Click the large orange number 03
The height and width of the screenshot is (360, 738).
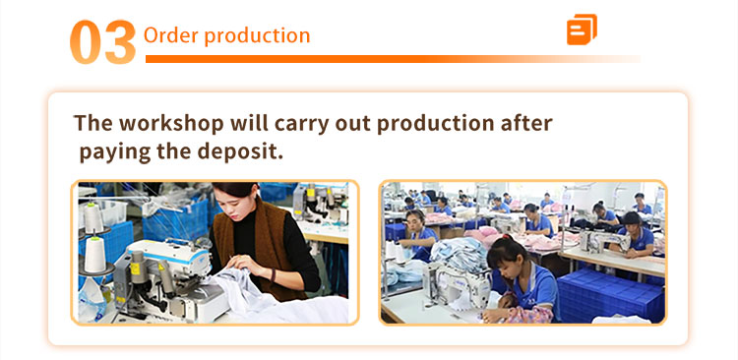pyautogui.click(x=103, y=42)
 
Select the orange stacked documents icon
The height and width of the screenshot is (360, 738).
pyautogui.click(x=582, y=30)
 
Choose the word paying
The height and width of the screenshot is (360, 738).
pyautogui.click(x=115, y=152)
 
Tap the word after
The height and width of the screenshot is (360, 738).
pyautogui.click(x=523, y=123)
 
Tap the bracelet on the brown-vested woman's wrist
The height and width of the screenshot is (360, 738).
pyautogui.click(x=272, y=274)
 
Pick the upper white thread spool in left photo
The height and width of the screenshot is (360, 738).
pyautogui.click(x=93, y=218)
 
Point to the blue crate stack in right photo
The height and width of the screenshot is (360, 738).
pyautogui.click(x=611, y=295)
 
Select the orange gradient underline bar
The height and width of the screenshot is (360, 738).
pyautogui.click(x=393, y=59)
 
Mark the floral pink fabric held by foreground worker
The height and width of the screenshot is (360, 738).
pyautogui.click(x=527, y=315)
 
